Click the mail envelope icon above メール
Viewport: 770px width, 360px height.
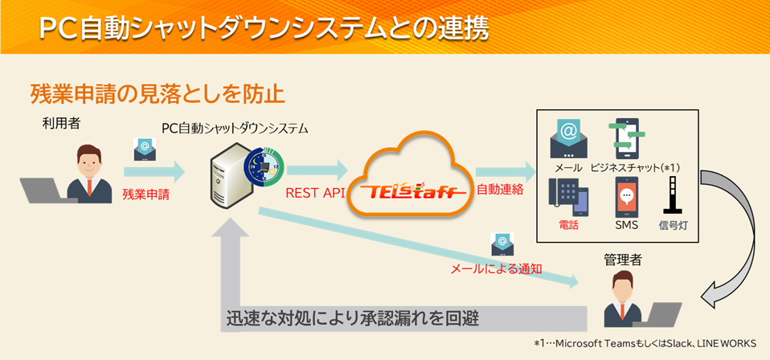568,138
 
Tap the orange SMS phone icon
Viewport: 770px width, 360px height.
626,195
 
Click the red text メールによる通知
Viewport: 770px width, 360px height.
495,269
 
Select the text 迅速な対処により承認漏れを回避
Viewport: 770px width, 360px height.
353,317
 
